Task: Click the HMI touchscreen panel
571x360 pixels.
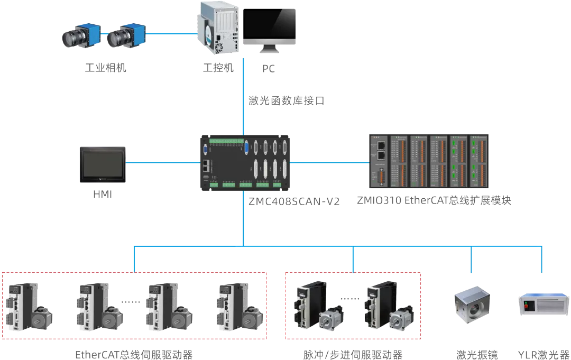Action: tap(103, 164)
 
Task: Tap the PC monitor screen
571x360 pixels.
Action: tap(270, 25)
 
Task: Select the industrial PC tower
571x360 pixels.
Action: tap(218, 28)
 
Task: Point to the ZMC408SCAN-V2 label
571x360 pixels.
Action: tap(294, 201)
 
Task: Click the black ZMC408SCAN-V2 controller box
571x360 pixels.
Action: tap(245, 163)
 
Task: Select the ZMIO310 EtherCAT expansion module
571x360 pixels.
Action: tap(429, 161)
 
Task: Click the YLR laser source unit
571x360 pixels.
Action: tap(544, 304)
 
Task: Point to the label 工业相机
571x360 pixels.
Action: tap(106, 68)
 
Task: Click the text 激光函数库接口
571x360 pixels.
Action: tap(286, 100)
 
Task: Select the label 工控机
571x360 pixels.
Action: tap(218, 68)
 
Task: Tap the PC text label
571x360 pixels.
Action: tap(269, 68)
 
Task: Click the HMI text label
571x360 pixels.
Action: tap(103, 195)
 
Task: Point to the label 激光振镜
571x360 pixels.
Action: tap(477, 355)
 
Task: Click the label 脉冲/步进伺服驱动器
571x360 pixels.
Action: tap(353, 355)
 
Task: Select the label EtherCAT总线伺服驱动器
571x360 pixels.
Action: tap(134, 355)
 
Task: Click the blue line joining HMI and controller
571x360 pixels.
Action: tap(163, 163)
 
